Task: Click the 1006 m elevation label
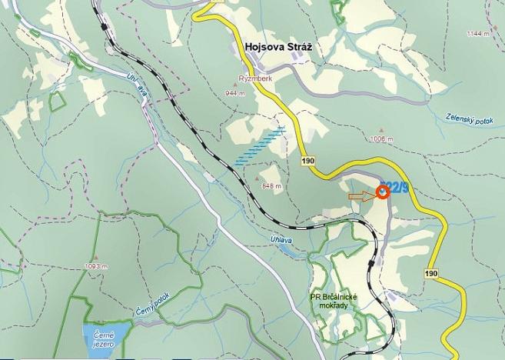[x=381, y=139]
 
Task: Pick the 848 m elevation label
[x=271, y=186]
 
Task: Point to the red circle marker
[x=382, y=192]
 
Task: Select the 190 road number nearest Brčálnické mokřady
[x=430, y=274]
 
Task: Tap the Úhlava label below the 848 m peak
[x=281, y=241]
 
